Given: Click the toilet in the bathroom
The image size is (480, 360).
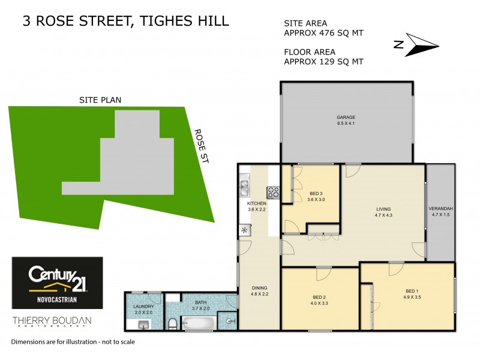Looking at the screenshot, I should [173, 324].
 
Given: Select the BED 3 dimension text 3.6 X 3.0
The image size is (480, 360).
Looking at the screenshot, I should [316, 200].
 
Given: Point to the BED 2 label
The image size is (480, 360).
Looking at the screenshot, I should [319, 296].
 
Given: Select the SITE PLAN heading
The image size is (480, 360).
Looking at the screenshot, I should [100, 100].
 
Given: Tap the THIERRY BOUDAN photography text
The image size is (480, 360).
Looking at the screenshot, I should [52, 322].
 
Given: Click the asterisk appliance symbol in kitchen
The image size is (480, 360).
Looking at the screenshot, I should [245, 229].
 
